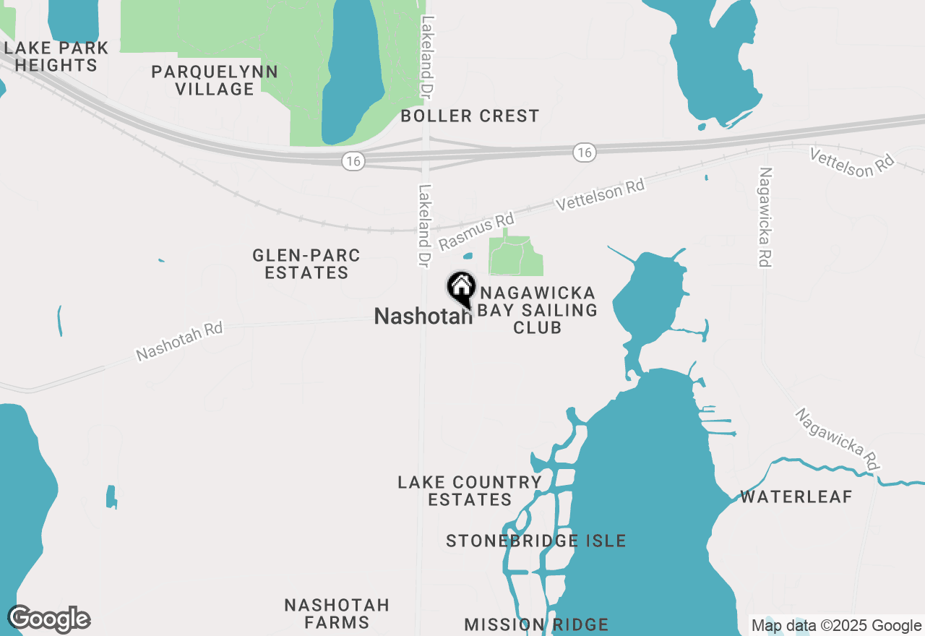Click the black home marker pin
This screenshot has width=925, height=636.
click(x=460, y=288)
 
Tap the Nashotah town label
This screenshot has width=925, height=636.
click(x=423, y=316)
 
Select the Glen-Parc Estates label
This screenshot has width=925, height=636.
click(x=306, y=264)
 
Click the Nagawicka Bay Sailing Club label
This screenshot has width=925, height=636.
click(x=538, y=310)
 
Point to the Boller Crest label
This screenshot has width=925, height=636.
click(x=470, y=116)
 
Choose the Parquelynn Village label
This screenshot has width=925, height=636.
click(x=215, y=80)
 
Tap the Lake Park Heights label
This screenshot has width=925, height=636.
click(x=56, y=56)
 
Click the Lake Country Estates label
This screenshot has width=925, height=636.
click(x=470, y=491)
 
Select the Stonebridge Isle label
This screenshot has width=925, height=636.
click(x=535, y=541)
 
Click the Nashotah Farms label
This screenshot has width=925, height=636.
click(x=337, y=613)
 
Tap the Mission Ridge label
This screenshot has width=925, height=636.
click(x=536, y=624)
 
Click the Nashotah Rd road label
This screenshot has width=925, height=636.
click(x=179, y=340)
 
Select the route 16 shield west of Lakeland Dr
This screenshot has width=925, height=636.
click(x=353, y=161)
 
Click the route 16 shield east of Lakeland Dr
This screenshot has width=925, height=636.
click(x=585, y=152)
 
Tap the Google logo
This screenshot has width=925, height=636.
click(x=48, y=619)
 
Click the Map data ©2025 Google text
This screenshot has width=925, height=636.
click(x=836, y=626)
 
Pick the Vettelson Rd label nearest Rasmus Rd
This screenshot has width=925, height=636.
click(x=599, y=195)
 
